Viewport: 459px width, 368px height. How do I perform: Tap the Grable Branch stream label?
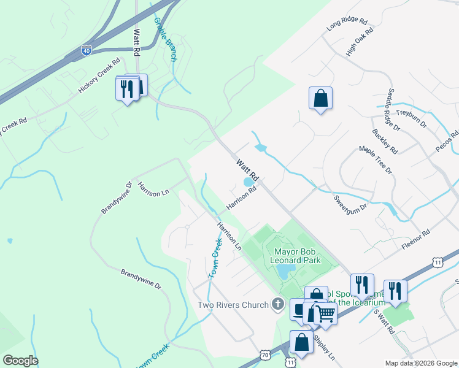coord(165,39)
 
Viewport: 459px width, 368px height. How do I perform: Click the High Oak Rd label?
coord(360,42)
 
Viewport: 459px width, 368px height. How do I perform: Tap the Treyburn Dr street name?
coord(411,117)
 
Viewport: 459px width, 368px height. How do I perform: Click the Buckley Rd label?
coord(385,142)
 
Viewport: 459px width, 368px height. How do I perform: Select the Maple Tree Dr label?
coord(375,160)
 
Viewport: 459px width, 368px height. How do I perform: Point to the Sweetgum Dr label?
coord(350,203)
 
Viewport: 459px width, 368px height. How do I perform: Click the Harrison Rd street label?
coord(241,198)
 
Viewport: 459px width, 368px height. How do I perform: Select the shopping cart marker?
coord(326,313)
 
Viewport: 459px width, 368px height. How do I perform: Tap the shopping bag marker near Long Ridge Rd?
coord(320,98)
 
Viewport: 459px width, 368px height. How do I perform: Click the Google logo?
coord(20,361)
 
